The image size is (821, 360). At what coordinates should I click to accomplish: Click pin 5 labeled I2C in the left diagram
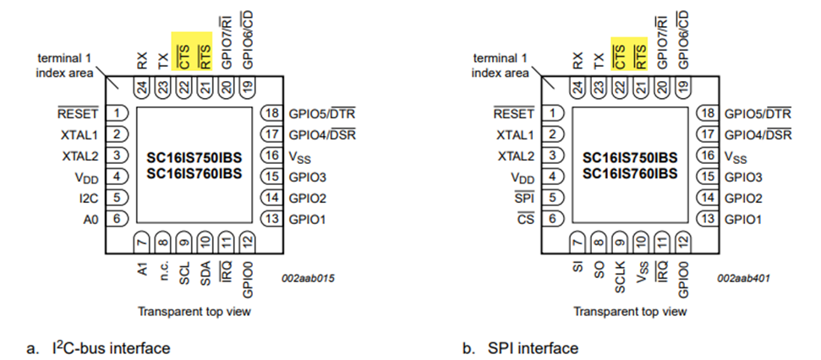click(x=118, y=198)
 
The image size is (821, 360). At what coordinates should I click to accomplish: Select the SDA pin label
click(x=205, y=273)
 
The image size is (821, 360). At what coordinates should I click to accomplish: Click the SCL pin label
click(x=183, y=273)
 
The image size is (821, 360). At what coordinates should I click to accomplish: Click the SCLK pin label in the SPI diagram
click(x=620, y=275)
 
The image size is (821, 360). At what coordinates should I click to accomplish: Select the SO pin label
click(x=599, y=270)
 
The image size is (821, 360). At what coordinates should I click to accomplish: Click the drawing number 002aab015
click(x=304, y=277)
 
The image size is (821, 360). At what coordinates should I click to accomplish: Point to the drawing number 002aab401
click(x=740, y=277)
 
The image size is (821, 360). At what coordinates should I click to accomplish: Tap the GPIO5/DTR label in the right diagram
click(x=758, y=113)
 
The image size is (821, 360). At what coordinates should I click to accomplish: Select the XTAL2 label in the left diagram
click(x=82, y=155)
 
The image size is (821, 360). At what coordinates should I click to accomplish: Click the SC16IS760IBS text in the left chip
click(x=194, y=174)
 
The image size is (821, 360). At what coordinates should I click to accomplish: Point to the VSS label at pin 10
click(x=642, y=273)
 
